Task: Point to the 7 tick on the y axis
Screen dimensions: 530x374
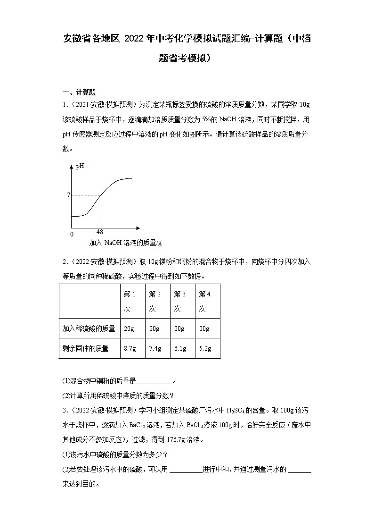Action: point(68,195)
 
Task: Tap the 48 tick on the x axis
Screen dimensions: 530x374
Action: point(99,232)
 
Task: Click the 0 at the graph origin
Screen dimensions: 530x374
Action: point(72,234)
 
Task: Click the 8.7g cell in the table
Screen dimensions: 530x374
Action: point(130,348)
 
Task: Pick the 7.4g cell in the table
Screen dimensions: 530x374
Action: point(155,348)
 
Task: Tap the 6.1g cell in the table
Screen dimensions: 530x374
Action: point(180,348)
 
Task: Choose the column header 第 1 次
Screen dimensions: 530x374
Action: point(130,301)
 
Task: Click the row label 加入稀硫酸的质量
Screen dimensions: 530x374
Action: point(89,328)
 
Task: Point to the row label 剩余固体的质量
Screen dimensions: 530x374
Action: point(85,348)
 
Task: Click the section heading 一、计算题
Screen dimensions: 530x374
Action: point(79,92)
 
